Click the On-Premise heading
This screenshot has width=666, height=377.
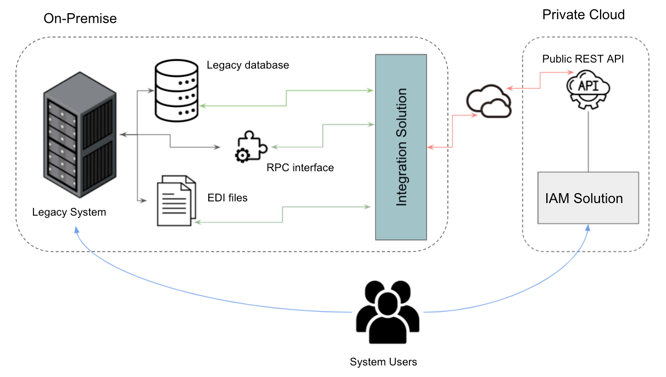[80, 19]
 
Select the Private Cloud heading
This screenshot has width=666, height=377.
[583, 15]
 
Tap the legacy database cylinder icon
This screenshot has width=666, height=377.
[176, 91]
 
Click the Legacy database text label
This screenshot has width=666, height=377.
[248, 65]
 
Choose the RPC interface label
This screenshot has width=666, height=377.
[300, 168]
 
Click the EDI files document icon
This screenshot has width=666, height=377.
[176, 200]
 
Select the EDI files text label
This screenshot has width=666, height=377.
[227, 198]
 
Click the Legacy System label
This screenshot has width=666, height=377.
[69, 212]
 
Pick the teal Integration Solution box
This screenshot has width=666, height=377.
[401, 147]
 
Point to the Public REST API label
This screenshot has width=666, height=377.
[583, 59]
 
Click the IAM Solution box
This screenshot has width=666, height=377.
[588, 198]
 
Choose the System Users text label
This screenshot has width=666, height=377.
[384, 362]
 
